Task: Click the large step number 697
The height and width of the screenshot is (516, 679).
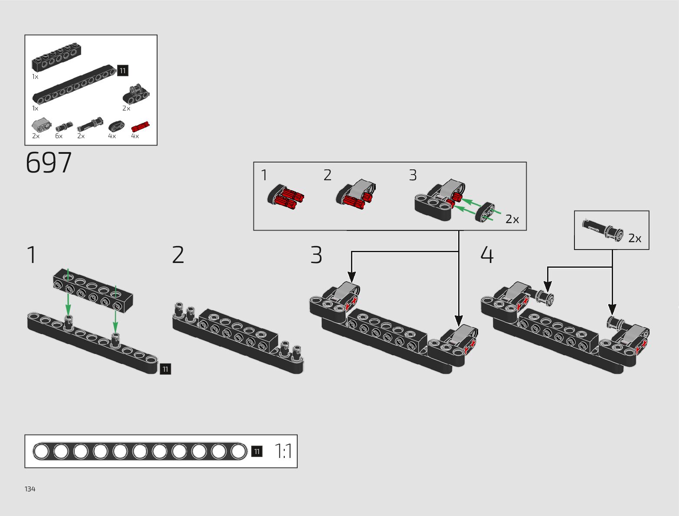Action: [49, 163]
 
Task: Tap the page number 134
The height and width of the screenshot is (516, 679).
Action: [30, 489]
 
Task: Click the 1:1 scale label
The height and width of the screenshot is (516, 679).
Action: [283, 451]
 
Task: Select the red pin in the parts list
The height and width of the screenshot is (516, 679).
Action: [140, 126]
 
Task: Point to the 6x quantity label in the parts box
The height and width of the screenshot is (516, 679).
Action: [59, 136]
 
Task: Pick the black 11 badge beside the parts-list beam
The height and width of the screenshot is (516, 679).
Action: [123, 71]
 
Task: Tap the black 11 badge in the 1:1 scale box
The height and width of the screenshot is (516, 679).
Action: [257, 451]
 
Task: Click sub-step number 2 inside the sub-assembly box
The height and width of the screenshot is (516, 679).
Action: [327, 175]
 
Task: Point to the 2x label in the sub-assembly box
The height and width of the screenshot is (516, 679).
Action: [512, 220]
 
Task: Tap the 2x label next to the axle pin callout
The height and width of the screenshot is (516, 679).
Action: [635, 238]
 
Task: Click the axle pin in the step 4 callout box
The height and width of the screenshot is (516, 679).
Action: [603, 230]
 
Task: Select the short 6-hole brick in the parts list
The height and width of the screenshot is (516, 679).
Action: [56, 57]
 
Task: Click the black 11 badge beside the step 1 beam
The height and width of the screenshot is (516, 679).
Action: [165, 369]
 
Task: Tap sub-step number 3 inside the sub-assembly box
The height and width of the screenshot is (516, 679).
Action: [413, 175]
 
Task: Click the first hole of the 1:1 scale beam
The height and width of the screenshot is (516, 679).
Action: [41, 451]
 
